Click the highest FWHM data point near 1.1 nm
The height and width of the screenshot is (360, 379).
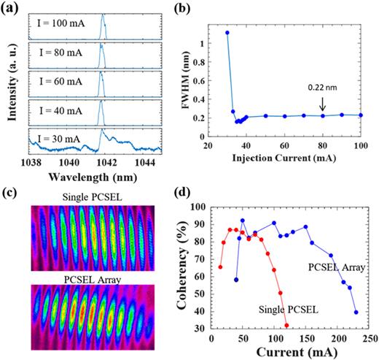pos(227,32)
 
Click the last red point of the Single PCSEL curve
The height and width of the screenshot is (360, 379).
pos(286,326)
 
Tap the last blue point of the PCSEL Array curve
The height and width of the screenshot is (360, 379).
pos(356,312)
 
